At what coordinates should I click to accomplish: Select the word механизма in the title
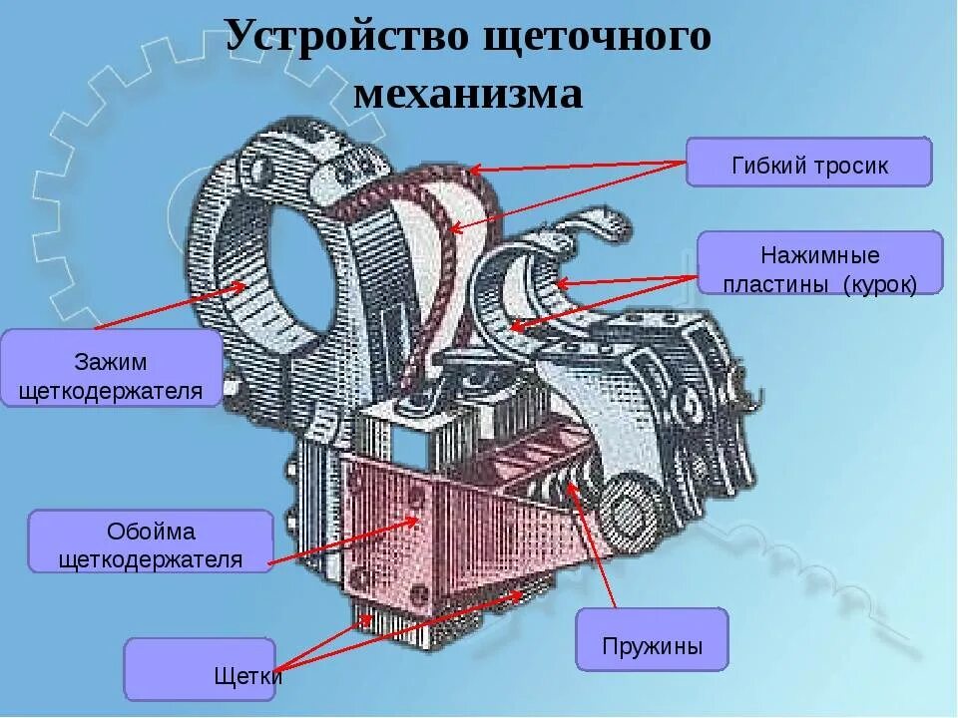[468, 95]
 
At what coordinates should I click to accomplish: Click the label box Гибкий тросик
[808, 163]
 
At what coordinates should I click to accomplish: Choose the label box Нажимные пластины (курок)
[819, 263]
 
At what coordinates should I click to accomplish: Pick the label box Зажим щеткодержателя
[111, 369]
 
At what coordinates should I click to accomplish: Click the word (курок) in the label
[879, 284]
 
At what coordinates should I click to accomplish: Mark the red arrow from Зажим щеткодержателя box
[170, 305]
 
